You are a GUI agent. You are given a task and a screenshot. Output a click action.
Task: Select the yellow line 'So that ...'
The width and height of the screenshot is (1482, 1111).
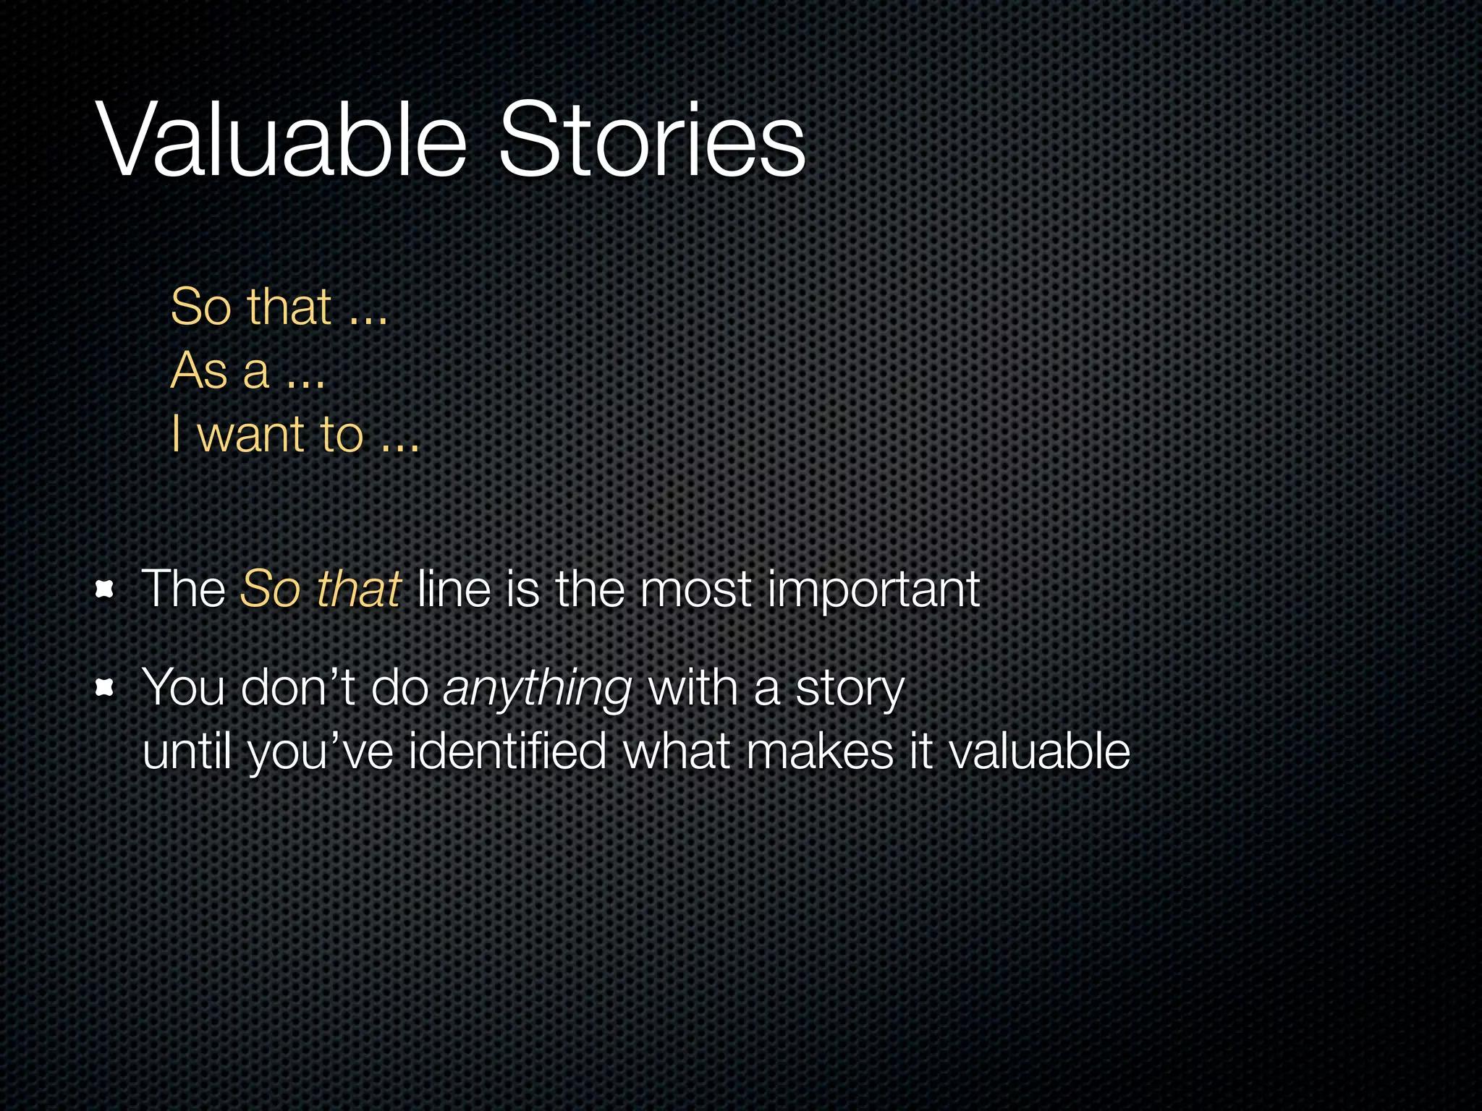click(x=279, y=307)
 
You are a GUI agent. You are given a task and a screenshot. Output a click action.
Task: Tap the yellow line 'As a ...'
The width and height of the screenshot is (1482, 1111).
click(x=247, y=370)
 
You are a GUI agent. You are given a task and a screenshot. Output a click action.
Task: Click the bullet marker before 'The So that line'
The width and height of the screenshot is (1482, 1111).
click(x=105, y=589)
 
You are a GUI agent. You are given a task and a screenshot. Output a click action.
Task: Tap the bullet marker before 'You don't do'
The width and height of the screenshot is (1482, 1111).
click(x=105, y=688)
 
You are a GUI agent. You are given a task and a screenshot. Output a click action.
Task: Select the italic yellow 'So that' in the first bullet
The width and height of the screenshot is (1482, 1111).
click(x=321, y=589)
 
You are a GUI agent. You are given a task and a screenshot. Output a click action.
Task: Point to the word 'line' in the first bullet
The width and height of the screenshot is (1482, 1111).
click(x=454, y=589)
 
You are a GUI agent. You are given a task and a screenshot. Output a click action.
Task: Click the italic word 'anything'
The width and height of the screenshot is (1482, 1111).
click(x=538, y=689)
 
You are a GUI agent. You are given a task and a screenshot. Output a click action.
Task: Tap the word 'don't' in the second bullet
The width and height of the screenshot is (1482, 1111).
click(x=297, y=687)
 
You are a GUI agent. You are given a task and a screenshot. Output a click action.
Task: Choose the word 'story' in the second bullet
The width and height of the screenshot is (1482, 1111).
click(x=850, y=689)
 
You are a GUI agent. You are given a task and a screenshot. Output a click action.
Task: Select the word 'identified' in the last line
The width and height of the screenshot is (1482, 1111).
click(x=507, y=751)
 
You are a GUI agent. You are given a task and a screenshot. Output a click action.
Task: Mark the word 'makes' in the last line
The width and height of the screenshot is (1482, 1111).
click(x=820, y=751)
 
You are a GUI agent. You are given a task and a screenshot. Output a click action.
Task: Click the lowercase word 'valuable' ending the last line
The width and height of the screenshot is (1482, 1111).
click(x=1039, y=751)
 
